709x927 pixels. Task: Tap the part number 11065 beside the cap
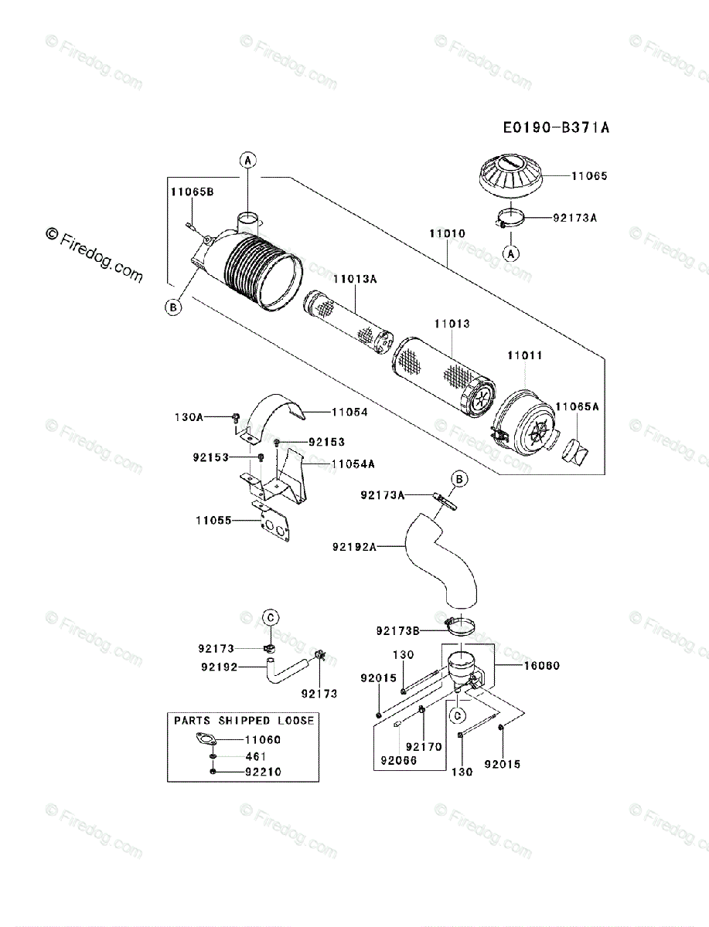point(589,176)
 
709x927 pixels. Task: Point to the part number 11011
point(524,356)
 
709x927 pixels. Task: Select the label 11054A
point(353,463)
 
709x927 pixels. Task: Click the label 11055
point(213,520)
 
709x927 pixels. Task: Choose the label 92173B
point(398,631)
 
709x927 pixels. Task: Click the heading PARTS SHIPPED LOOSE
point(244,721)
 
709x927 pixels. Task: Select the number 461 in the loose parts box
point(256,756)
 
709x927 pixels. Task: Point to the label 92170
point(423,746)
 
